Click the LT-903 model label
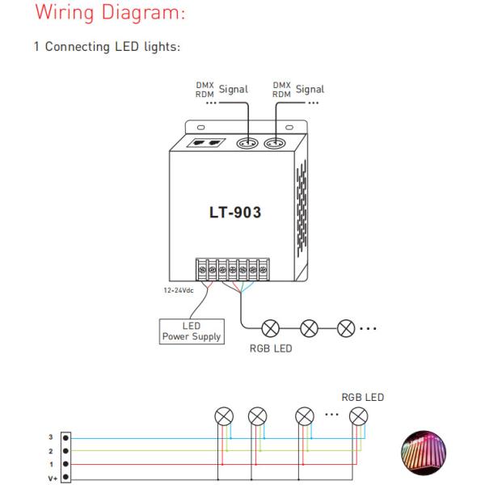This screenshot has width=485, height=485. [x=235, y=213]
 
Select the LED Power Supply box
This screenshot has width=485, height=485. [x=192, y=331]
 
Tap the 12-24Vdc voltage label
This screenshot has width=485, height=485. [x=179, y=290]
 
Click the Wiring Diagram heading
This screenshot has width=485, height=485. [x=110, y=13]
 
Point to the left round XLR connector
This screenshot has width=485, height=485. [x=247, y=143]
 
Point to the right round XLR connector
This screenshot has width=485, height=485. [x=275, y=143]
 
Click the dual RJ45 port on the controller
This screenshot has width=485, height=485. [x=206, y=143]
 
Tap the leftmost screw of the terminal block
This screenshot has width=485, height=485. [x=202, y=270]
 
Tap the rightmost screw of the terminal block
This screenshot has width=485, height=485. [x=263, y=270]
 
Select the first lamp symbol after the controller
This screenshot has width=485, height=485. [x=271, y=328]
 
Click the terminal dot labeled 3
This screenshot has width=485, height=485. [x=65, y=438]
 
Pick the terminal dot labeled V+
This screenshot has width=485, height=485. [x=65, y=477]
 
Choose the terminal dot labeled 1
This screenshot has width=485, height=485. [x=65, y=464]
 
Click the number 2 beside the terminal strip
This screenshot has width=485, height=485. [x=51, y=451]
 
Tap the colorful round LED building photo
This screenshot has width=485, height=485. [x=424, y=452]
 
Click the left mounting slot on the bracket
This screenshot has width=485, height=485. [x=200, y=128]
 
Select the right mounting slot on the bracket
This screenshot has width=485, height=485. [x=289, y=128]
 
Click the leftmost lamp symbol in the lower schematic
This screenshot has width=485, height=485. [x=224, y=416]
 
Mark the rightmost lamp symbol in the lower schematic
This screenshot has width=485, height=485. [x=358, y=416]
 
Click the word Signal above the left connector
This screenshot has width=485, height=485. [x=234, y=90]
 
